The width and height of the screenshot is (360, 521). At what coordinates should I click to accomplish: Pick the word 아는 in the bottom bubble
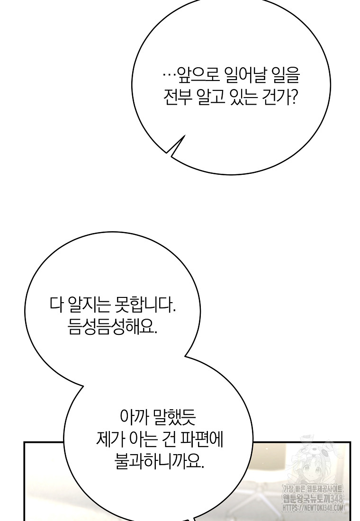(141, 439)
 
